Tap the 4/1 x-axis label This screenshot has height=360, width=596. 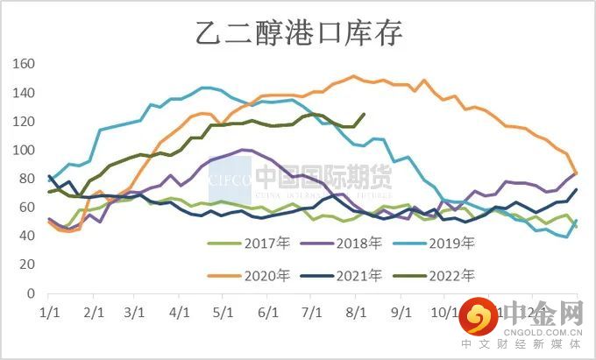[x=179, y=312]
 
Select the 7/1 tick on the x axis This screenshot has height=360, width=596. [x=310, y=312]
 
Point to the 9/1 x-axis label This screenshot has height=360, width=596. [x=400, y=312]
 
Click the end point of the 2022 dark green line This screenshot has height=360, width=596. [x=364, y=114]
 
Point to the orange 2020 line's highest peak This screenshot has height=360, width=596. [x=353, y=76]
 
